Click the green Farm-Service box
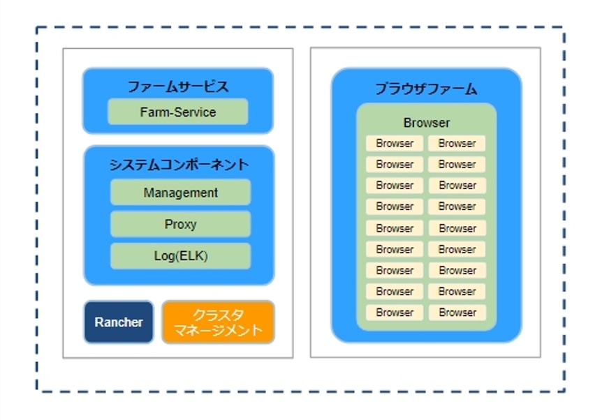coord(178,112)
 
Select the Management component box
coord(180,192)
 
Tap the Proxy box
coord(180,224)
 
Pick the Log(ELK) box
coord(180,256)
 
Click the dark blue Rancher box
coord(119,322)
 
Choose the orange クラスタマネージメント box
coord(218,322)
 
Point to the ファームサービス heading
coord(178,87)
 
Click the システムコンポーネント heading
coord(179,165)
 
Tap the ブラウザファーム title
coord(426,89)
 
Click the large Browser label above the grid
coord(427,123)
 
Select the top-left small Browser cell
coord(395,144)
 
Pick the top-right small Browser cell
coord(457,144)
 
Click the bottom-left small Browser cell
coord(395,313)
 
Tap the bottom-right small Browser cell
coord(457,313)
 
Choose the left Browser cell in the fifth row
coord(395,228)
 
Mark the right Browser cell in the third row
coord(457,186)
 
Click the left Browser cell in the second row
coord(395,165)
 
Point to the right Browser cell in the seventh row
coord(457,271)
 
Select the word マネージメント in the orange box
coord(218,330)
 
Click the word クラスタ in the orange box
coord(218,315)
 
